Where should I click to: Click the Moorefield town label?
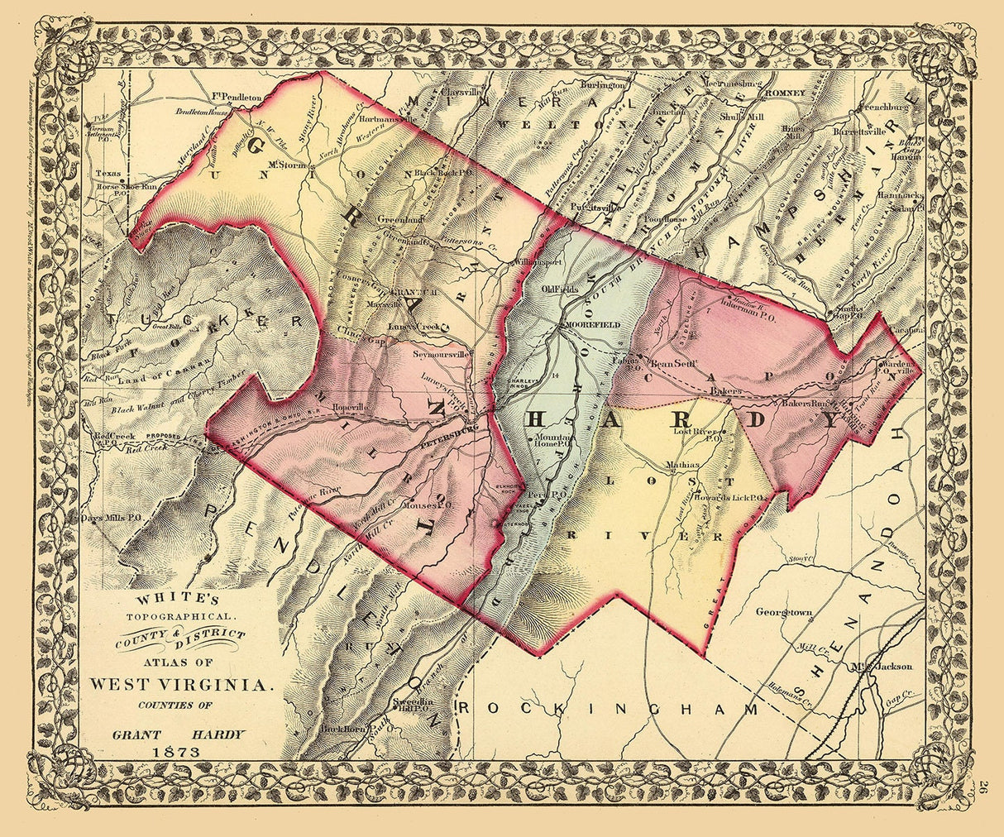click(591, 326)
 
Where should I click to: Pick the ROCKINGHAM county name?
click(607, 709)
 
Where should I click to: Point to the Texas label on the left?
click(108, 175)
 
